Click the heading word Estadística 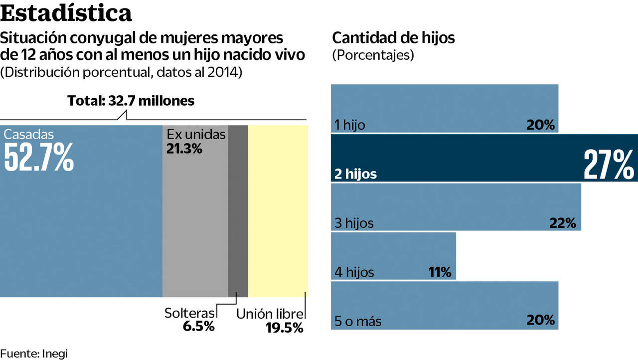(x=66, y=13)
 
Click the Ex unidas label (x=196, y=134)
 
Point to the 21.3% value (x=184, y=148)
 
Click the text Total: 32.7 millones (x=131, y=101)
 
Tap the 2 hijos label (x=356, y=174)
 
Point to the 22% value (x=563, y=223)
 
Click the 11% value (x=440, y=272)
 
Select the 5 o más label (x=358, y=321)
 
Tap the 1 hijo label (x=350, y=125)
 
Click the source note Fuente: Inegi (x=33, y=353)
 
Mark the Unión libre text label (x=270, y=314)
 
